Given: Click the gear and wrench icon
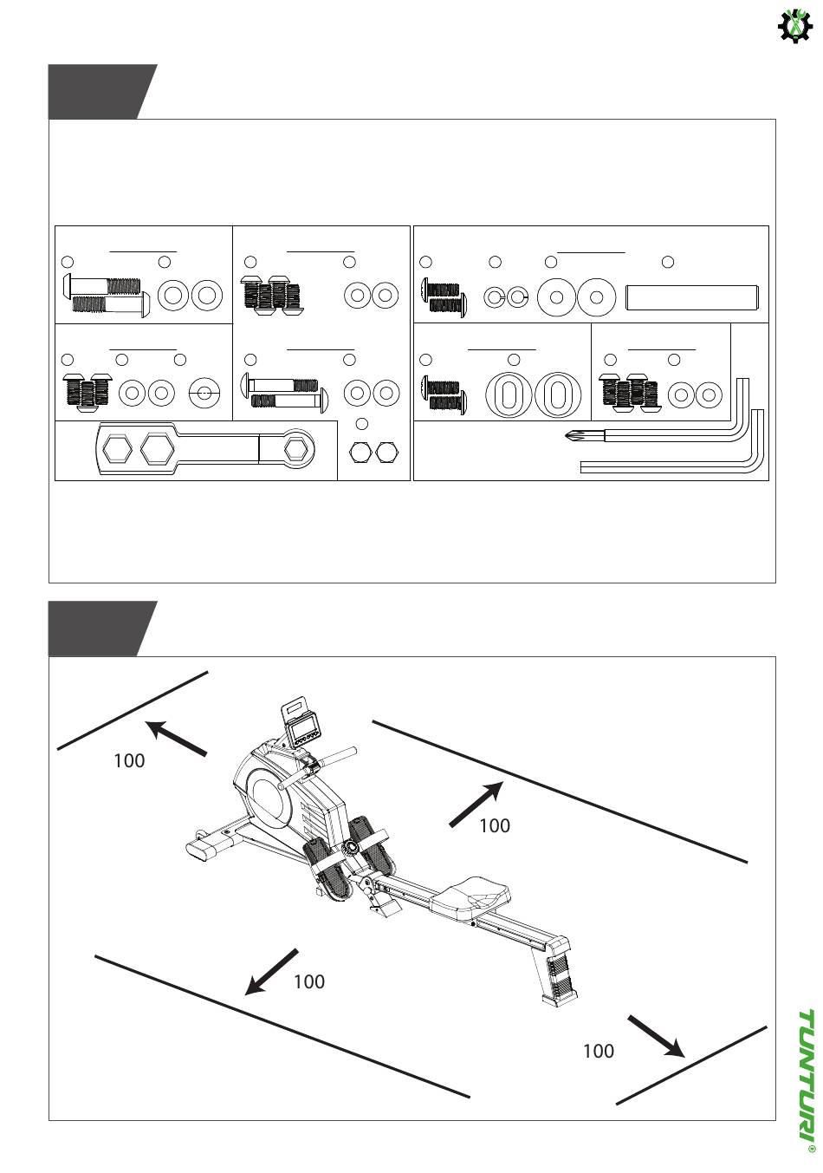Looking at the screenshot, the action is pos(795,26).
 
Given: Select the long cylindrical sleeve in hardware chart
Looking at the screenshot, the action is pos(691,297).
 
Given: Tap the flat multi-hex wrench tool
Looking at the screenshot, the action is pos(205,449).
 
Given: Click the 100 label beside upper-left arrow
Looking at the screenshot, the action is pos(129,761).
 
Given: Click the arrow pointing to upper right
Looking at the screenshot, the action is pos(476,805).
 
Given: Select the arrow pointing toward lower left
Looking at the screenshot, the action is pos(271,971).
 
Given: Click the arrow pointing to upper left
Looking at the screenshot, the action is pos(176,739).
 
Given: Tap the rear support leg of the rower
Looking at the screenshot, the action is pos(555,979).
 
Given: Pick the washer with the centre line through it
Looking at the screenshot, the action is pos(204,392).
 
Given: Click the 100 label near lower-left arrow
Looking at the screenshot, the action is pos(309,982).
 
